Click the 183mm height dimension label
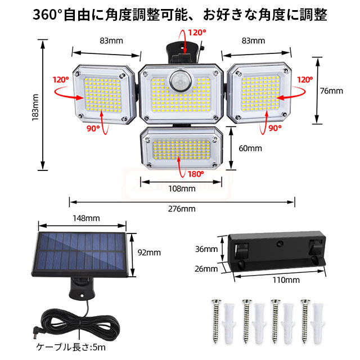(x=35, y=107)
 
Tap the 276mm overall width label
(x=182, y=209)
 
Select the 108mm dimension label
(x=182, y=189)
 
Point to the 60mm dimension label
(x=250, y=148)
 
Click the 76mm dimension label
(x=331, y=91)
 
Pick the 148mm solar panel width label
(x=86, y=218)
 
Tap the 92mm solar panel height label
(x=149, y=253)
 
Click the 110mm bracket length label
(x=286, y=280)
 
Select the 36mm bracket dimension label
(x=206, y=249)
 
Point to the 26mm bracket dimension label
(x=206, y=269)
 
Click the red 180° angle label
(x=196, y=174)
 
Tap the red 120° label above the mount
(x=197, y=33)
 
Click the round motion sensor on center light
(x=180, y=81)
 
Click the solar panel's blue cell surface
(x=81, y=251)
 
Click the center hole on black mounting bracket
(x=280, y=244)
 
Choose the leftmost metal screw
(x=216, y=321)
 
